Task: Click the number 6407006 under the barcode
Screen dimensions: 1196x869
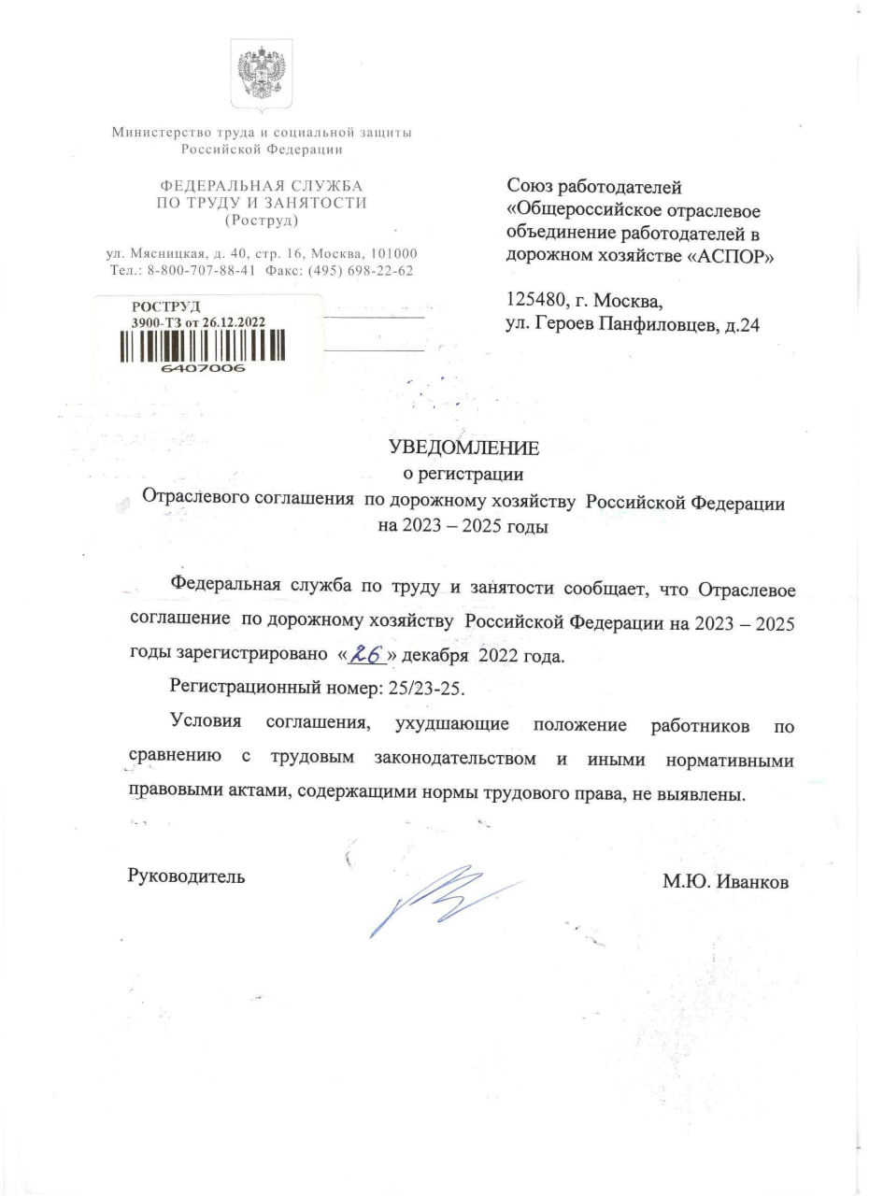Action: (203, 368)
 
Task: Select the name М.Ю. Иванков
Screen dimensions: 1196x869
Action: (726, 879)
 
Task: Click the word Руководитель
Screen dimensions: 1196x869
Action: (186, 876)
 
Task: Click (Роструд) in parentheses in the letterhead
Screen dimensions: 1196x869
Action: (261, 221)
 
